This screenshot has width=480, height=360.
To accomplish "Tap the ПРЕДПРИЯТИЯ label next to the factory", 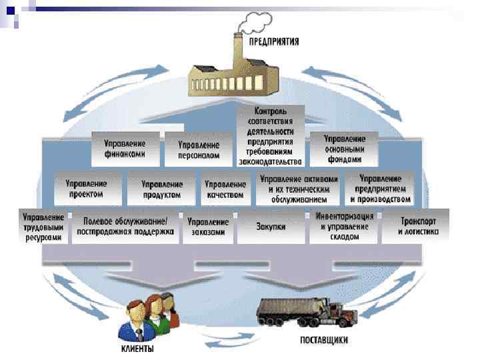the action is (274, 41).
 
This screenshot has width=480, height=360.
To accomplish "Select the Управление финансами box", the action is (125, 149).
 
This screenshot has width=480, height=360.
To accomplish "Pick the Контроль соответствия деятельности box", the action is (270, 135).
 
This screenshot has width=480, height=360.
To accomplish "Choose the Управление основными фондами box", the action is (344, 149).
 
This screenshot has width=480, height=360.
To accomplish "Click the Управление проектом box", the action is (86, 188).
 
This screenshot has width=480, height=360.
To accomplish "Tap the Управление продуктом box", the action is (162, 189).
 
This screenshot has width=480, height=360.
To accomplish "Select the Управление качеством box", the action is (225, 189).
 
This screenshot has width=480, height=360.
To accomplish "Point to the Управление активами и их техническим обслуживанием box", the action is (299, 189).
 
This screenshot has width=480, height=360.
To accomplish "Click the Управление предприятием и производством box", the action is (381, 189).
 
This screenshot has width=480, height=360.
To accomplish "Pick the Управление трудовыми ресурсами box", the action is (43, 227).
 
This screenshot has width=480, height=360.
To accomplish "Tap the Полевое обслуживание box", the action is (125, 227).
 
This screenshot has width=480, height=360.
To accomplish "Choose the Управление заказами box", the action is (208, 227).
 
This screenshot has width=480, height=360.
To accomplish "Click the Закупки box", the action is (271, 227).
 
